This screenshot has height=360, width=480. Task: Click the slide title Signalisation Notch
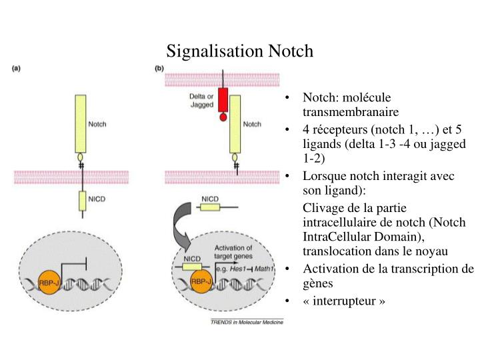click(x=239, y=51)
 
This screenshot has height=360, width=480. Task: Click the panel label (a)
click(x=20, y=67)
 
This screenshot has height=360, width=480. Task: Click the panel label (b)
click(x=159, y=67)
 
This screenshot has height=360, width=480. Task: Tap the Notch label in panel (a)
click(x=97, y=124)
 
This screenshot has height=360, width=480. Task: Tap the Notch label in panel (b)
click(x=252, y=124)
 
